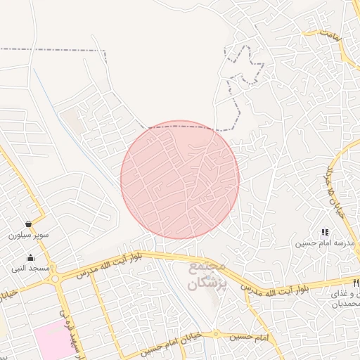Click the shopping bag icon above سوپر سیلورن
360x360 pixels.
coord(27,224)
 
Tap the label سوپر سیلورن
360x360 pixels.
coord(28,235)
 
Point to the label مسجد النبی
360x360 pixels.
coord(30,269)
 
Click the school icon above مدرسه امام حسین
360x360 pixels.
coord(325,231)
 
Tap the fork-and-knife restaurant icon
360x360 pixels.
coord(356,283)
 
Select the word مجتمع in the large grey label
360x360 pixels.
coord(207,269)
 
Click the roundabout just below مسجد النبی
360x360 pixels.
coord(55,278)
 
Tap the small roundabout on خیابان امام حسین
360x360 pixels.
coord(216,334)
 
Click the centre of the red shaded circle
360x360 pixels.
coord(180,179)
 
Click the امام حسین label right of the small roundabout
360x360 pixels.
coord(252,337)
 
